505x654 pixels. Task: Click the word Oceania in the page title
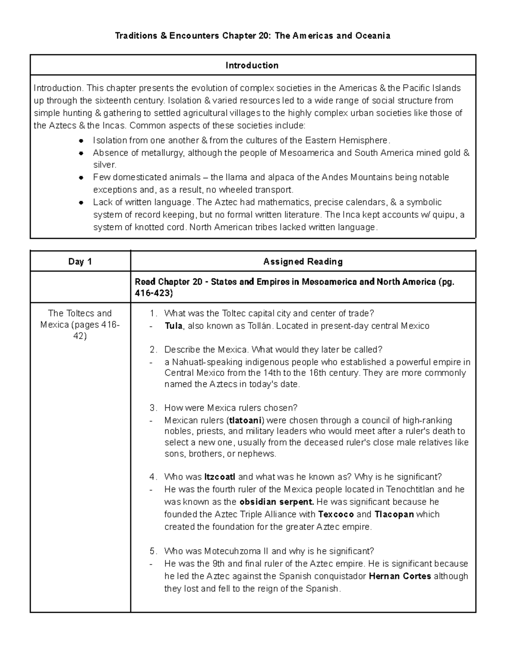pyautogui.click(x=372, y=36)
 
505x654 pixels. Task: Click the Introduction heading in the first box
pyautogui.click(x=252, y=65)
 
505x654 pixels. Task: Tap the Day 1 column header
pyautogui.click(x=80, y=262)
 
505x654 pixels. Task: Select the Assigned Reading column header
pyautogui.click(x=303, y=262)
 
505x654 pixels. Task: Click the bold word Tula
pyautogui.click(x=173, y=326)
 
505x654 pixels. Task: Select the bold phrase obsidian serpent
pyautogui.click(x=276, y=502)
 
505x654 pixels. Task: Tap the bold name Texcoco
pyautogui.click(x=336, y=514)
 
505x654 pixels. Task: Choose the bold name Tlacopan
pyautogui.click(x=394, y=514)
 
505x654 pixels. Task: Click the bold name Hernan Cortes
pyautogui.click(x=399, y=576)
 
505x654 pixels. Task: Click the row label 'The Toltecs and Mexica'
pyautogui.click(x=80, y=324)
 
